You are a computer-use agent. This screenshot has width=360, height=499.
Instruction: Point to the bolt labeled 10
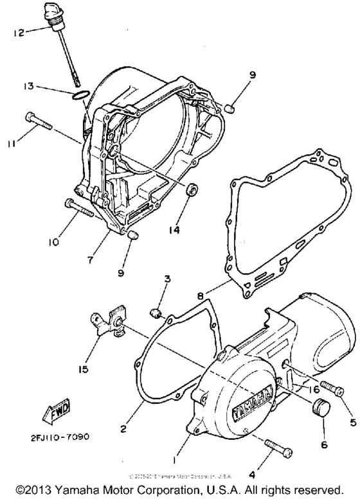[79, 207]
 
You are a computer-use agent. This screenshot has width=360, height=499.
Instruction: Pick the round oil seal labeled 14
[192, 191]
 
